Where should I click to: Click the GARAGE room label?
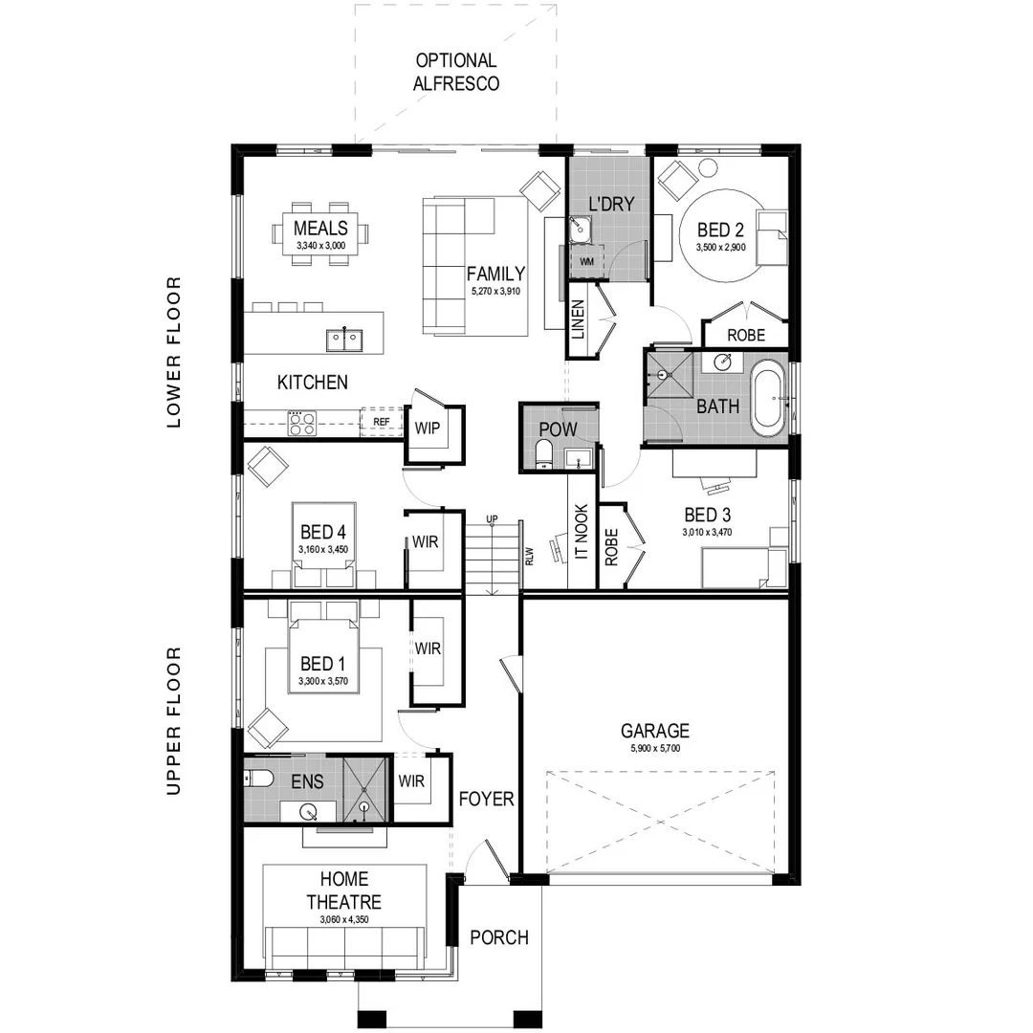click(x=654, y=732)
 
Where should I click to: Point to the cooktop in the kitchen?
click(x=302, y=422)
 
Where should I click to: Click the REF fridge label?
click(x=381, y=421)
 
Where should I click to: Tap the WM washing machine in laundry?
click(x=584, y=261)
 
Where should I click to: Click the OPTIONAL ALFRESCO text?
click(x=455, y=72)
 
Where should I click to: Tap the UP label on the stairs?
click(x=492, y=519)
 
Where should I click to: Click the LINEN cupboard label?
click(x=578, y=319)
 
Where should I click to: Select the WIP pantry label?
click(x=427, y=428)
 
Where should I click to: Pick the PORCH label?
click(x=499, y=937)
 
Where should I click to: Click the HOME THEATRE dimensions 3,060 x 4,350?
click(x=344, y=919)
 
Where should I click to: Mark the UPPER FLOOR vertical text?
click(x=173, y=721)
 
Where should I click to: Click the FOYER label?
click(x=486, y=799)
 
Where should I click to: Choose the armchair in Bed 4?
click(x=268, y=467)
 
